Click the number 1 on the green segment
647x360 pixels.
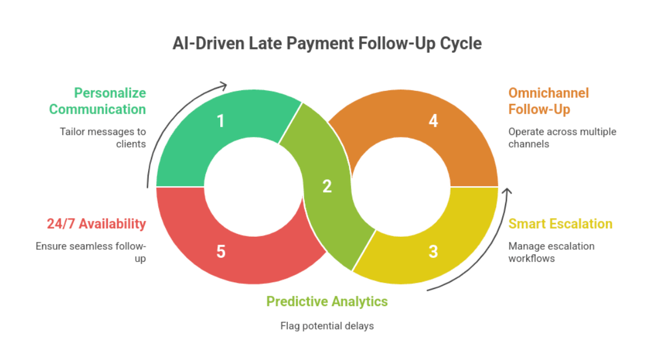[x=221, y=121]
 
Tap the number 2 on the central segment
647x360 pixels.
[x=327, y=186]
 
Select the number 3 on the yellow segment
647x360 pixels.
[x=433, y=252]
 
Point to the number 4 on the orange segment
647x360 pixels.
[x=433, y=121]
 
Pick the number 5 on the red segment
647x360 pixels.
[x=221, y=252]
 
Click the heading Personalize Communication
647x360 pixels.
[x=98, y=101]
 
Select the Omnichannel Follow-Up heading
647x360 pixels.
[x=548, y=101]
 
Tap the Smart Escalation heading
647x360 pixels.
[x=560, y=224]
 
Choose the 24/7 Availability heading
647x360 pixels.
[x=96, y=224]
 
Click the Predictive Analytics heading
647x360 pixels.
[x=327, y=302]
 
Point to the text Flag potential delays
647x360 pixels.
[x=327, y=326]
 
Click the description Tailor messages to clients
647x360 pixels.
[x=103, y=138]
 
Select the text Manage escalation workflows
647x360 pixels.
[x=551, y=252]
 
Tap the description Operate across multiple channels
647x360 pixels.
[x=562, y=138]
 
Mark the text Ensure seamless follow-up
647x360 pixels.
[x=91, y=252]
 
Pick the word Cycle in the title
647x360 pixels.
[x=460, y=43]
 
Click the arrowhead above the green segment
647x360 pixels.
[x=223, y=86]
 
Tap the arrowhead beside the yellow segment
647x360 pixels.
[x=507, y=191]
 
